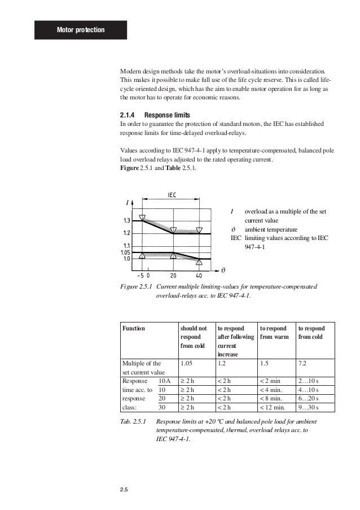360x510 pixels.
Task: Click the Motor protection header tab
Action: click(x=81, y=29)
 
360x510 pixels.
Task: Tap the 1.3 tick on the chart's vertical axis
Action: click(x=128, y=220)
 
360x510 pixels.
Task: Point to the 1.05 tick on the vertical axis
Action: click(x=125, y=252)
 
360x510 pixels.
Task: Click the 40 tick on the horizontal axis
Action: click(x=199, y=276)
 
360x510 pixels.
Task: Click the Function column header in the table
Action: click(x=134, y=328)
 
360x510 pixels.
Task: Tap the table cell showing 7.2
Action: click(x=305, y=364)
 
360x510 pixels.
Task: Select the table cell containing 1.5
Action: click(x=264, y=364)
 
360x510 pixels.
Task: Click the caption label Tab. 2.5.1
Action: click(x=134, y=422)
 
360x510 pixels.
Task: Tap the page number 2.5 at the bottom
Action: click(x=124, y=495)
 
